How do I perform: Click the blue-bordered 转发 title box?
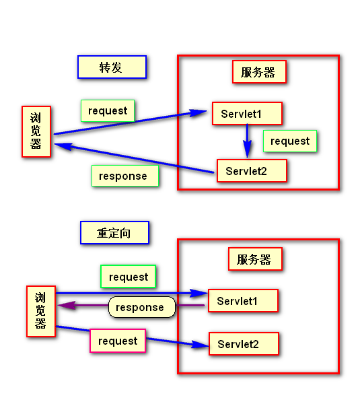(x=112, y=67)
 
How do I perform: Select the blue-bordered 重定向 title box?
(x=114, y=233)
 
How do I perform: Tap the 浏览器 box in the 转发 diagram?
(x=36, y=131)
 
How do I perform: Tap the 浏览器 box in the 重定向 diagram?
(x=41, y=311)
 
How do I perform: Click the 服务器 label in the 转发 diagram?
(x=259, y=72)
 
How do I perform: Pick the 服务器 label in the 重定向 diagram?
(x=255, y=259)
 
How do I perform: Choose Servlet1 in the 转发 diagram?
(x=247, y=114)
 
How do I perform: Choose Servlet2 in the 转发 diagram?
(x=252, y=171)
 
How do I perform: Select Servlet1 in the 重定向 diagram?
(x=243, y=301)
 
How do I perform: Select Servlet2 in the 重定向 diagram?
(x=244, y=343)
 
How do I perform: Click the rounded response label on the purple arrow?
(x=141, y=307)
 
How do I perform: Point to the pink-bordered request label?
(x=118, y=341)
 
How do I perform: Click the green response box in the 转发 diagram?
(x=125, y=176)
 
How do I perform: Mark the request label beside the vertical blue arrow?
(x=290, y=141)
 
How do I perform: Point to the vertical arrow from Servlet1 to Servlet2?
(x=247, y=141)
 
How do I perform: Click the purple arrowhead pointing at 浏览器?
(x=67, y=305)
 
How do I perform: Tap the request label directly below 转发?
(x=108, y=111)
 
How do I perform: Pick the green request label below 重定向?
(x=129, y=277)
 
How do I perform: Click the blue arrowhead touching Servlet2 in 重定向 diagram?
(x=200, y=344)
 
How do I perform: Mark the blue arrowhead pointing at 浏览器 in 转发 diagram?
(x=63, y=146)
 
